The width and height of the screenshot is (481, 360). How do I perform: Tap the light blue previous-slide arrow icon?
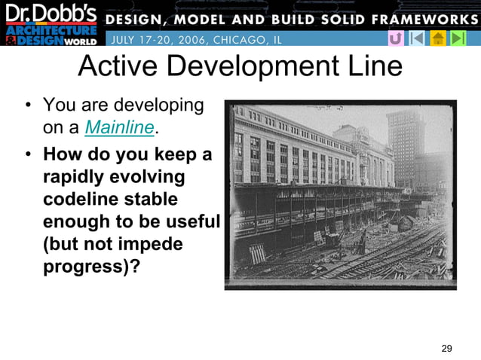416,38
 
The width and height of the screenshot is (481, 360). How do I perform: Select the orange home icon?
437,38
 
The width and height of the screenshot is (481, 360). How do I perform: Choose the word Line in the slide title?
375,67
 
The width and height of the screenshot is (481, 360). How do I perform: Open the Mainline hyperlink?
119,128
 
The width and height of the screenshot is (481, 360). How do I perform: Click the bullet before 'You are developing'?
28,105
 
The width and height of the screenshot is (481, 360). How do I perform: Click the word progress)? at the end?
91,268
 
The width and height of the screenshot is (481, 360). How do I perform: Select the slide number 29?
446,348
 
